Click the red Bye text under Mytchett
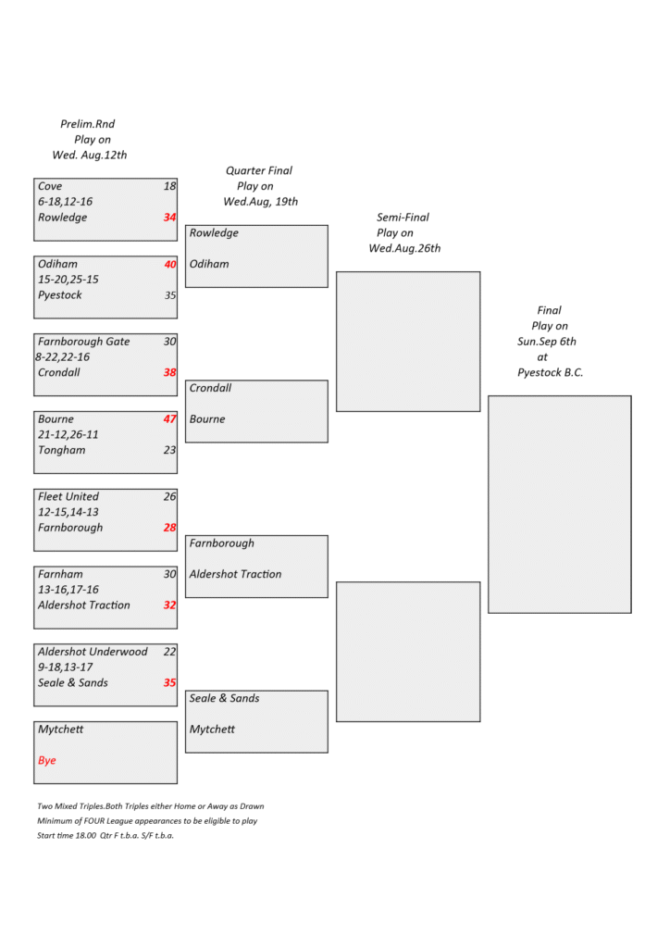tap(46, 760)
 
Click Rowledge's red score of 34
tap(169, 217)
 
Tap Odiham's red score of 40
tap(169, 264)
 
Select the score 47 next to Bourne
tap(169, 419)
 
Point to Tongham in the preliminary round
tap(62, 451)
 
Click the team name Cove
tap(50, 186)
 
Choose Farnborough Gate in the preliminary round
tap(84, 342)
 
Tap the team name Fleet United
tap(68, 496)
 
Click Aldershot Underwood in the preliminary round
tap(93, 652)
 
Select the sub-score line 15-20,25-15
tap(68, 280)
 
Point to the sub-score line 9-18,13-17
tap(66, 667)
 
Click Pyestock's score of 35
tap(170, 295)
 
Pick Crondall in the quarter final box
tap(210, 388)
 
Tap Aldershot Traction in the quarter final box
tap(236, 574)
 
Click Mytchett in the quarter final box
tap(212, 730)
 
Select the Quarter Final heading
tap(259, 170)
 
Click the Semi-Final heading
tap(403, 217)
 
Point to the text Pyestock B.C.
tap(551, 372)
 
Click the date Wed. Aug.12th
tap(90, 155)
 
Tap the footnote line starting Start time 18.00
tap(105, 836)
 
